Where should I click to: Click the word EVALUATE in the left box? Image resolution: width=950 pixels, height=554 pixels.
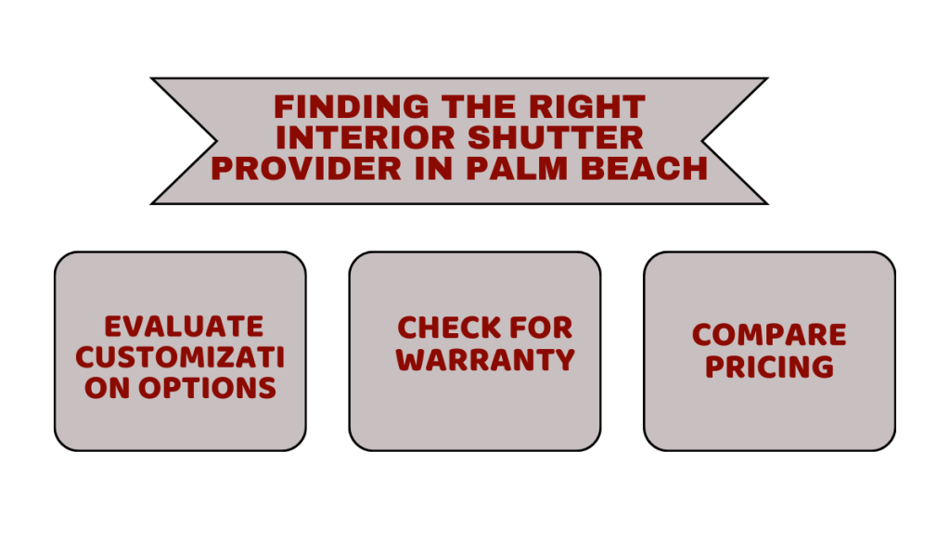point(184,327)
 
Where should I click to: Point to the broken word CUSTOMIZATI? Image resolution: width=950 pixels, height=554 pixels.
point(180,357)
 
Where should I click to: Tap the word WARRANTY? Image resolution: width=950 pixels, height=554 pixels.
point(485,359)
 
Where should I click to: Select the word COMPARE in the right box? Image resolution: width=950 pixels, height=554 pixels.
point(769,335)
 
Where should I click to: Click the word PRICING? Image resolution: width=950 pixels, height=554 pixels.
point(769,367)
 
